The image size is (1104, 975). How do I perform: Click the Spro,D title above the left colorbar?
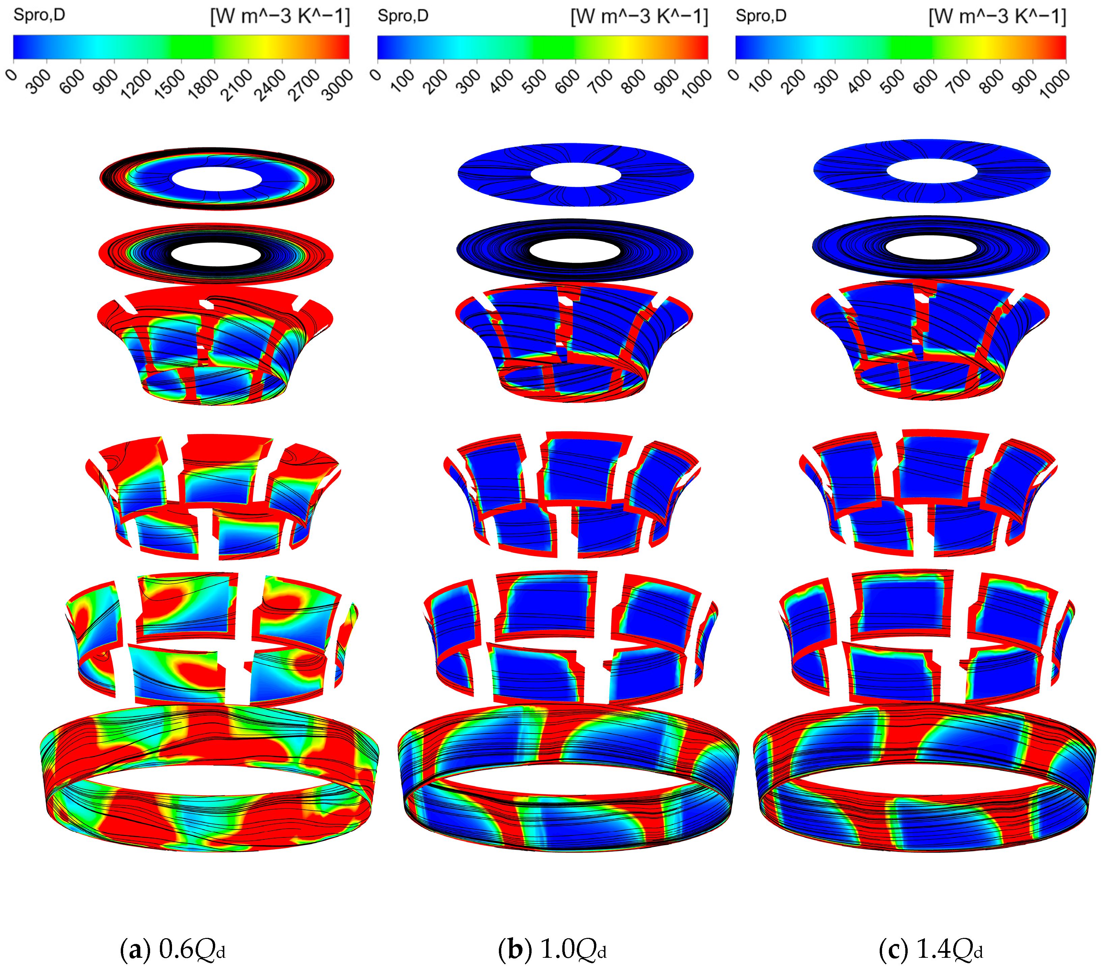click(39, 15)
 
